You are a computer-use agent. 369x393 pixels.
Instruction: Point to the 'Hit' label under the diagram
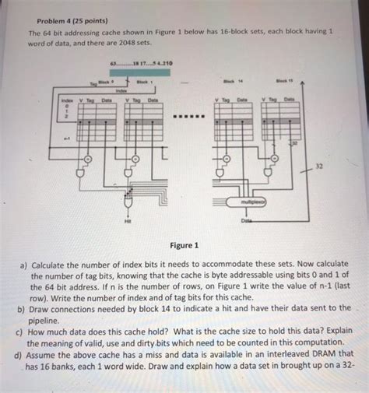pos(127,221)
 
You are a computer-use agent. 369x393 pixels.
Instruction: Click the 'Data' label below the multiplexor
pos(247,220)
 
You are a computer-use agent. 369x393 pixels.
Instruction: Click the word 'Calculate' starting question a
pos(51,264)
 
